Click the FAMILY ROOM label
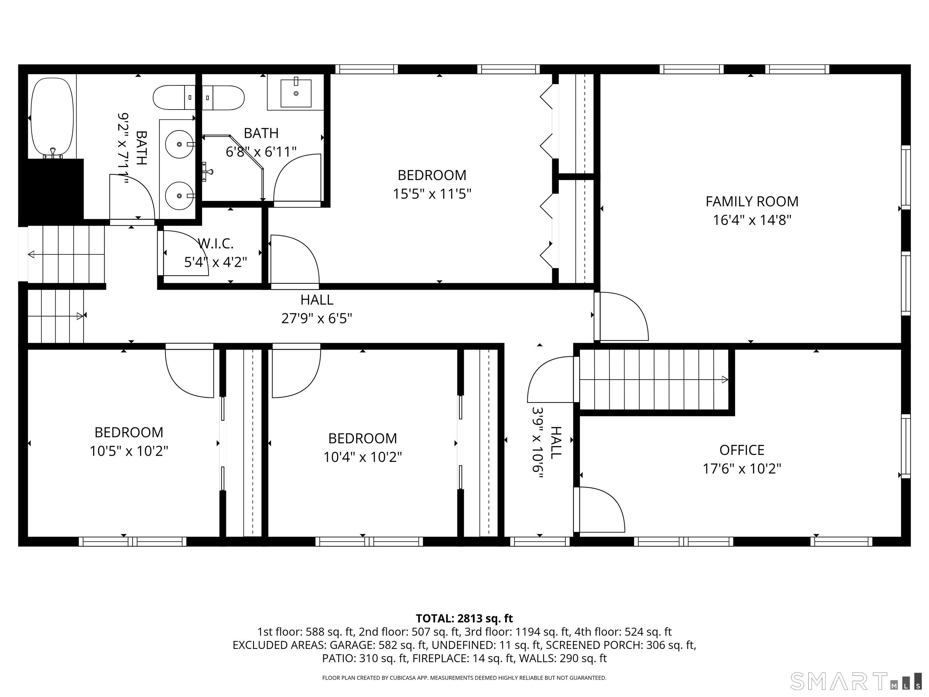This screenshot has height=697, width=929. (752, 202)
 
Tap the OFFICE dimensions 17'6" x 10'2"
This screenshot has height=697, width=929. (742, 468)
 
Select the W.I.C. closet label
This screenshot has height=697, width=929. (215, 243)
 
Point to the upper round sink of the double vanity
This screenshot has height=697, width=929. (179, 144)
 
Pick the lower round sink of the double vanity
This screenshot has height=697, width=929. (179, 196)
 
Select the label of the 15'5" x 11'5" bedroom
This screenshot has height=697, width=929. (432, 175)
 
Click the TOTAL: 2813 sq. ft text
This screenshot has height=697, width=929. (464, 618)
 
